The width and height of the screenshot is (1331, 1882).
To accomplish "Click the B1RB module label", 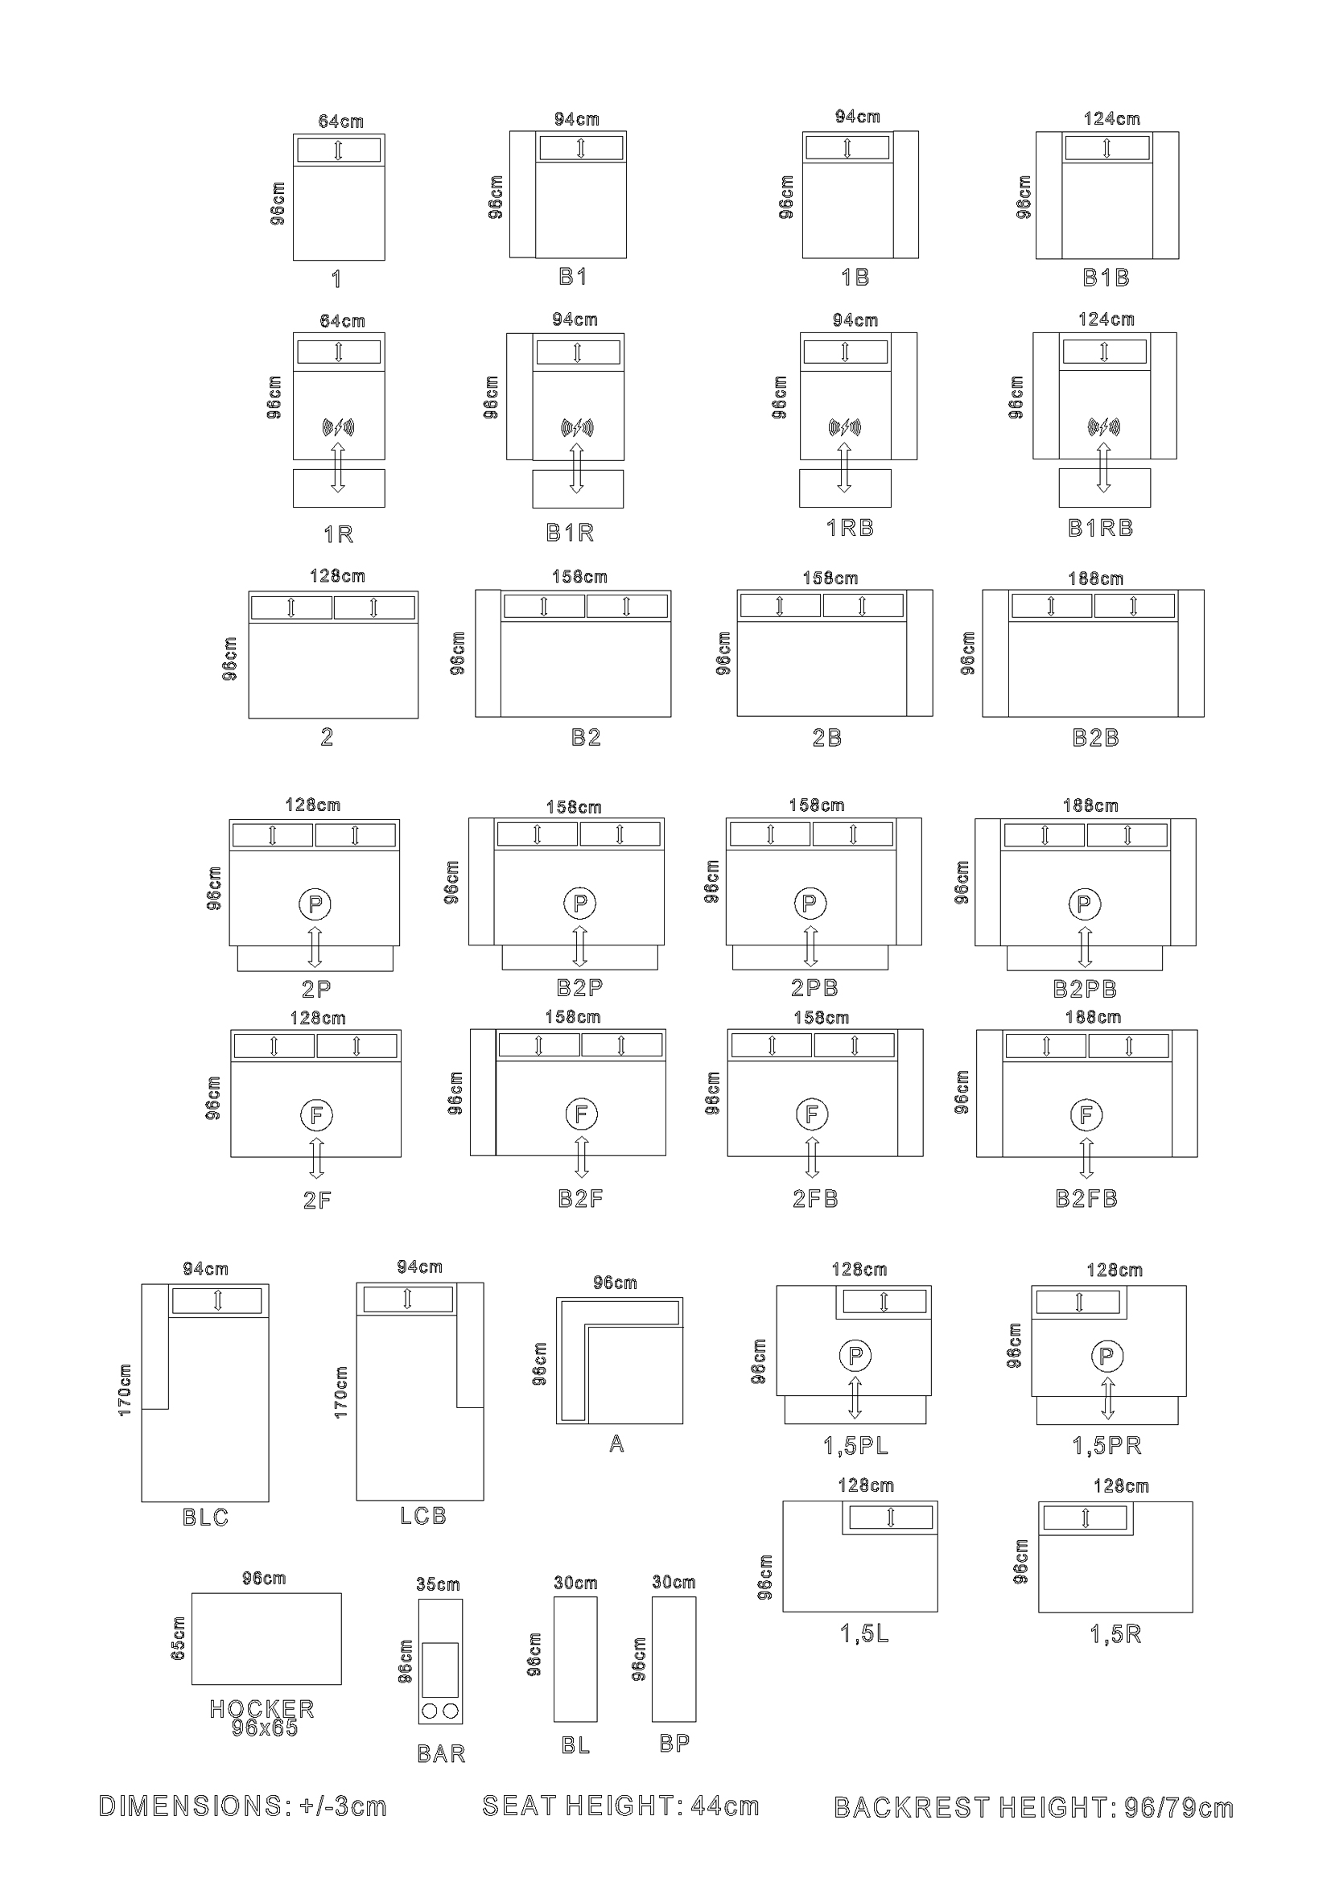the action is pos(1100,529).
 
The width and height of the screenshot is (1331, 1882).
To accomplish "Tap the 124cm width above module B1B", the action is pos(1111,119).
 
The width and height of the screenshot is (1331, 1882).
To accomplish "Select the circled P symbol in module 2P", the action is pos(315,905).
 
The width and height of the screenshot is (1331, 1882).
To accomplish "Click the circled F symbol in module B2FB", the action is pos(1086,1114).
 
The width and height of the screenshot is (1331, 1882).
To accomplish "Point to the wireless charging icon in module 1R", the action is pos(338,427).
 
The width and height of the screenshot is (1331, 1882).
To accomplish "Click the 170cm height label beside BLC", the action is pos(125,1390).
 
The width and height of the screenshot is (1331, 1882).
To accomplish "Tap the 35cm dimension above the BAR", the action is pos(438,1584).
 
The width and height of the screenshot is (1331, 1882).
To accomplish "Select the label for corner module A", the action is pos(617,1444).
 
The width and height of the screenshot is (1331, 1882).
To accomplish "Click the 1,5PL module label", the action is pos(855,1446).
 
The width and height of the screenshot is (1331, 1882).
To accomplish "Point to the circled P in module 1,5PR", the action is pos(1106,1356).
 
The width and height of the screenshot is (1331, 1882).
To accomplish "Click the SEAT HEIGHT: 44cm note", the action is pos(620,1806).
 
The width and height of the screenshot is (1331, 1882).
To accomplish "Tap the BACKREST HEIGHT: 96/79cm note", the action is pos(1033,1807).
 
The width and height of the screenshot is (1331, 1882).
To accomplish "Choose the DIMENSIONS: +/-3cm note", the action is pos(242,1806).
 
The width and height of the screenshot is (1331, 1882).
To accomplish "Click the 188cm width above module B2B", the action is pos(1095,579).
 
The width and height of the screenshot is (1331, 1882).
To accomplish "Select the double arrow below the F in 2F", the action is pos(316,1158).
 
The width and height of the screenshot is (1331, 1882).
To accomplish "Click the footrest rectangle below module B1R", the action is pos(578,488).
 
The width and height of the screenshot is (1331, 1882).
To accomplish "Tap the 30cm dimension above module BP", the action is pos(674,1582).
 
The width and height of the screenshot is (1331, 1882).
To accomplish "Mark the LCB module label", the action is pos(423,1517).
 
